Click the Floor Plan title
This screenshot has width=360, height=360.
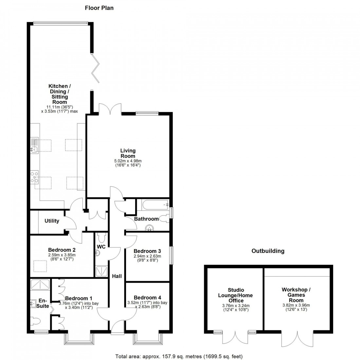[x=99, y=8]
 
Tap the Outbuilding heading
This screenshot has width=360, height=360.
[x=268, y=251]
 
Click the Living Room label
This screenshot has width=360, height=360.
[x=128, y=153]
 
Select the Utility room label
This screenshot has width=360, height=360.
[x=52, y=221]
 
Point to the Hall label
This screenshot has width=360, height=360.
[x=117, y=276]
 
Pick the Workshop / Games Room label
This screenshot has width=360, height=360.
[x=296, y=295]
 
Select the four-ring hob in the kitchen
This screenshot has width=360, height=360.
[x=34, y=177]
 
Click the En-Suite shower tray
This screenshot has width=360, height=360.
[x=40, y=285]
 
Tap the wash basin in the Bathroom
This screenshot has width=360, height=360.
[x=151, y=227]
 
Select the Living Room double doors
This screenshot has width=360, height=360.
[x=110, y=108]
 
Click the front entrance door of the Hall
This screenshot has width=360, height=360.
[x=117, y=327]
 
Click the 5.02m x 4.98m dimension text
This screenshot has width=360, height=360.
[x=128, y=161]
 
